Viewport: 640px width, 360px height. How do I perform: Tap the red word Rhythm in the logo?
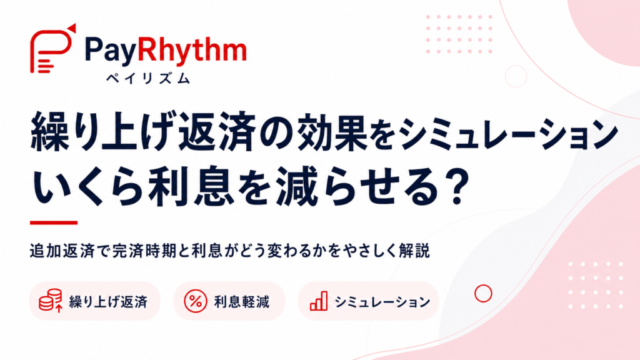point(192,50)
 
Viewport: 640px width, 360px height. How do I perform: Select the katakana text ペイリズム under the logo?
point(147,78)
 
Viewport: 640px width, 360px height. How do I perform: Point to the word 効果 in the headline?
point(332,132)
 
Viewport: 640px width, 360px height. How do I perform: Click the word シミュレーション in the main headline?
point(509,133)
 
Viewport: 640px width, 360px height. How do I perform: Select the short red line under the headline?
point(54,223)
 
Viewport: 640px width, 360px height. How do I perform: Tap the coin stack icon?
point(51,301)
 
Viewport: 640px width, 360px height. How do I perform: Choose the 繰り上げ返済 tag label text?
point(108,302)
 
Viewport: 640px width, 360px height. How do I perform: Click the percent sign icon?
point(196,301)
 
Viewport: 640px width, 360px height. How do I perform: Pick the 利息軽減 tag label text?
point(242,302)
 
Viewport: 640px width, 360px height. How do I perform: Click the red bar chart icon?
point(319,301)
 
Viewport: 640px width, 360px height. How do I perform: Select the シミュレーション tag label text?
point(382,302)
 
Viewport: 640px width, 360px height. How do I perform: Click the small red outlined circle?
point(483,286)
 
